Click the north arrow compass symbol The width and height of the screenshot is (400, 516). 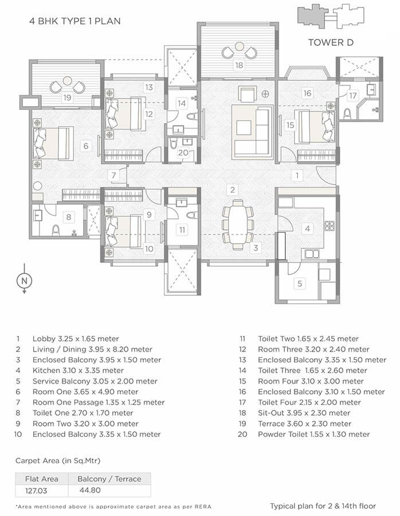coord(24,281)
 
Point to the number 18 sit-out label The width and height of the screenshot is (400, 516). coord(238,65)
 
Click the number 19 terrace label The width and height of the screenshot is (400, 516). coord(68,98)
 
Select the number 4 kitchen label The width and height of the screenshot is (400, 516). coord(307,229)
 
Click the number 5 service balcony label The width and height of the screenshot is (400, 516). coord(299,283)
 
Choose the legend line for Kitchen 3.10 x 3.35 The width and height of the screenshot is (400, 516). coord(81,371)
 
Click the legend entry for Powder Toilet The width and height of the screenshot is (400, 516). coord(313,435)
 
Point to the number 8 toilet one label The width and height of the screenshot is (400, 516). coord(68,217)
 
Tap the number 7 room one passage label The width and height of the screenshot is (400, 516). coord(114,175)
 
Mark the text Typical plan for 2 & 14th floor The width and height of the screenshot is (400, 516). coord(323,506)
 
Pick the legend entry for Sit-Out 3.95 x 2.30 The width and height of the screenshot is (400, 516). coord(304,413)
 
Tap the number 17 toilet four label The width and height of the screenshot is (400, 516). coord(352,95)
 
